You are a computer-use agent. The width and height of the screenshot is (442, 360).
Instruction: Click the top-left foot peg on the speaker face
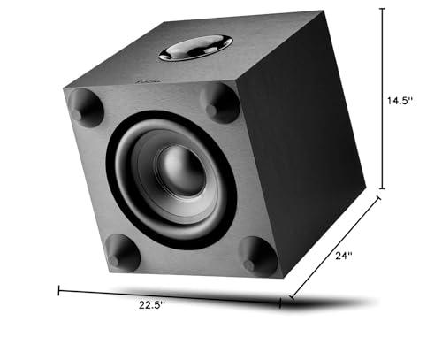(x=81, y=105)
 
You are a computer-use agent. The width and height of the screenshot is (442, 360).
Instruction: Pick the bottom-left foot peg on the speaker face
(x=122, y=253)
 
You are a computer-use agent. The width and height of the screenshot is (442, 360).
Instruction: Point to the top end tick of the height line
(x=382, y=8)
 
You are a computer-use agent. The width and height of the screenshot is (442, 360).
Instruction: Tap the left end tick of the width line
(x=59, y=289)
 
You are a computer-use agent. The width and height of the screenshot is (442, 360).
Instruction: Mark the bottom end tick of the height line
(x=382, y=188)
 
